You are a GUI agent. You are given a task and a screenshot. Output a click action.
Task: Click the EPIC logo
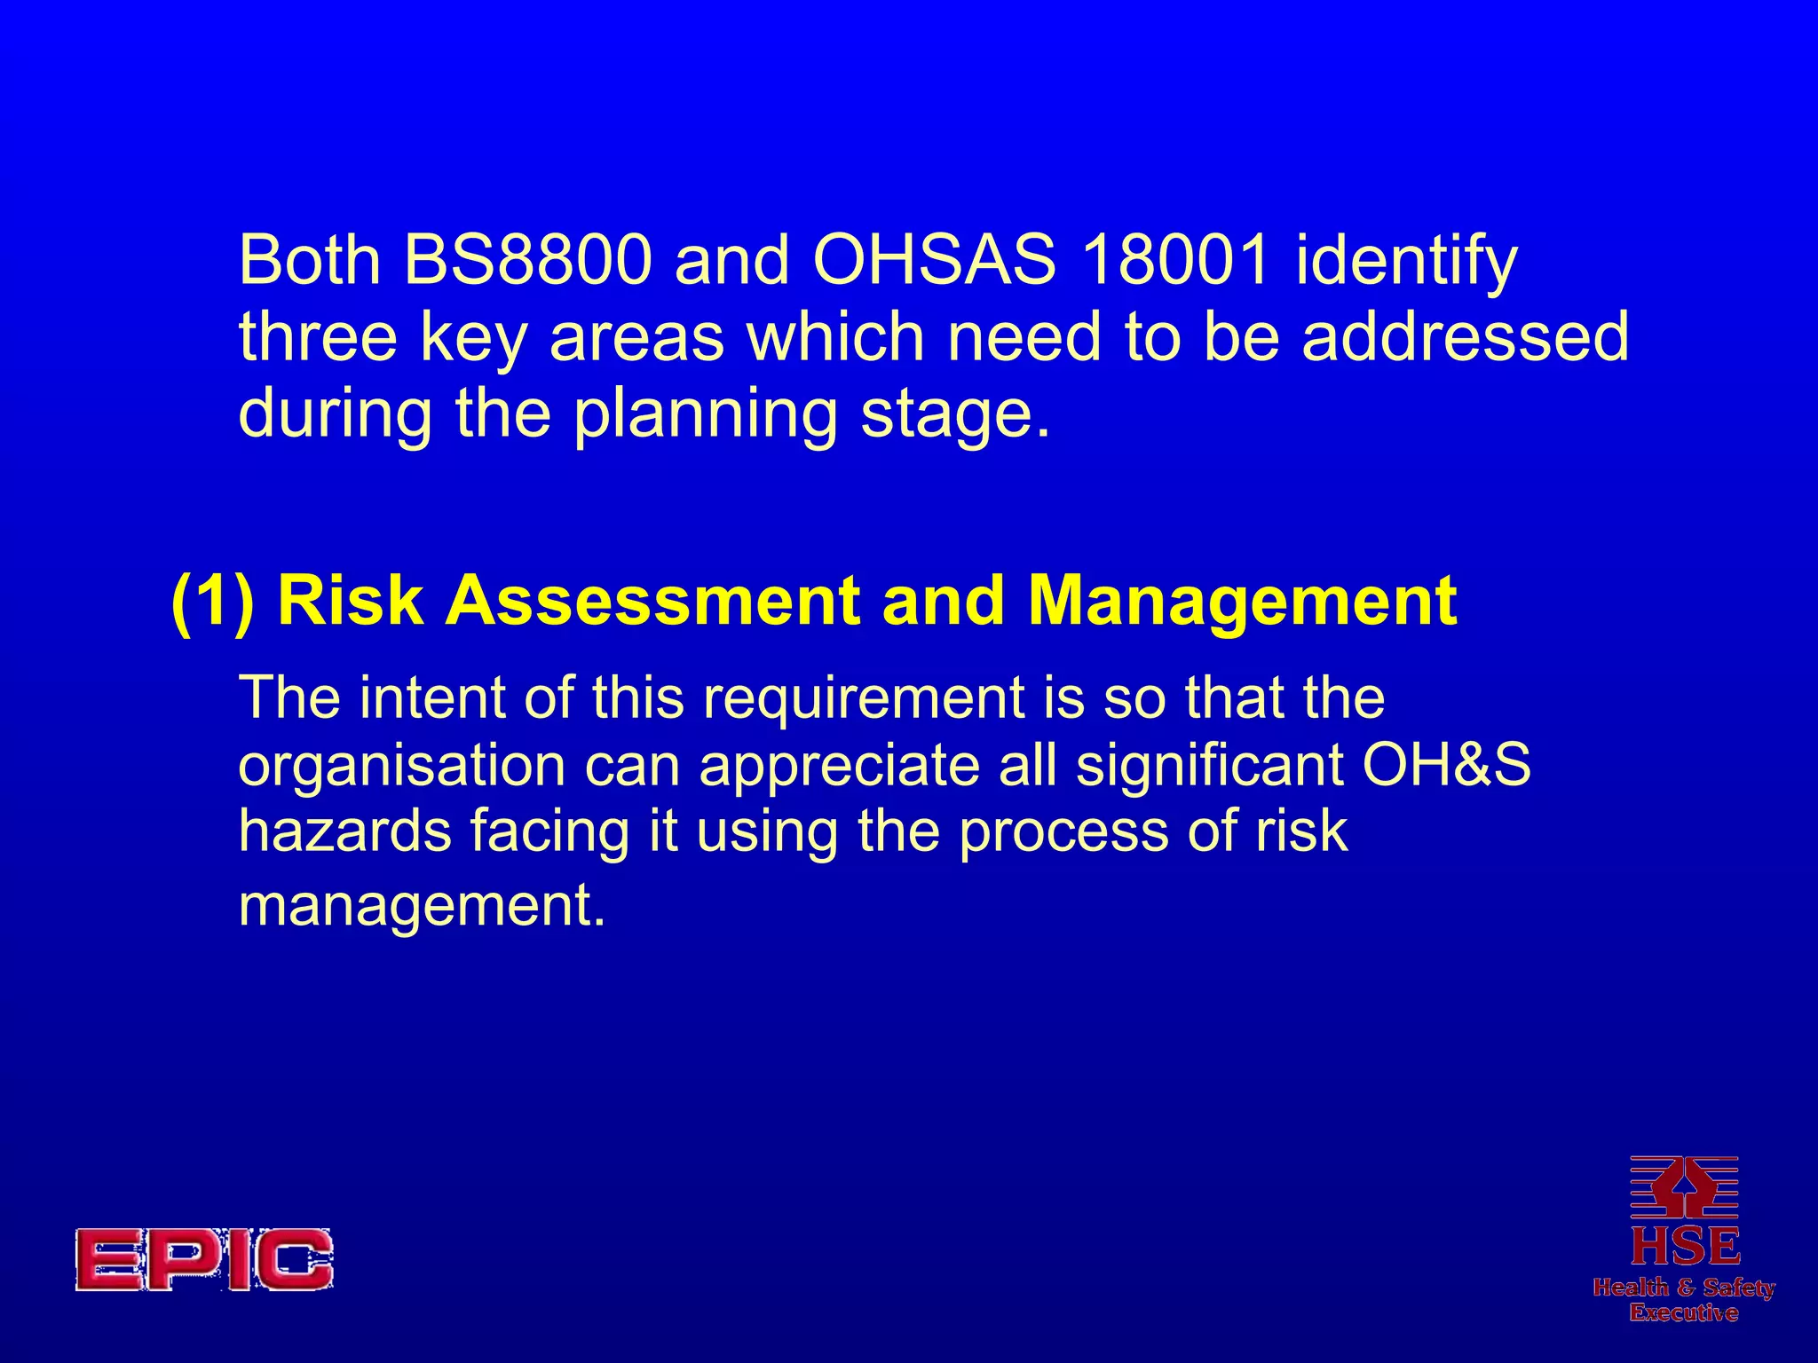pos(204,1259)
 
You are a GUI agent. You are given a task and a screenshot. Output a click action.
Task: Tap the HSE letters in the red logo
pos(1685,1246)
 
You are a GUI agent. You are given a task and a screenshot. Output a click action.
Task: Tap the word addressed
pos(1465,337)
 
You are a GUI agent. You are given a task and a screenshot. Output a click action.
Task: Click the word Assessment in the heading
pos(652,601)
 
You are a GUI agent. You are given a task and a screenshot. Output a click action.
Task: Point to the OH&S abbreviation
pos(1446,765)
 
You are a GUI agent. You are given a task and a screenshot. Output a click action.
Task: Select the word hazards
pos(345,831)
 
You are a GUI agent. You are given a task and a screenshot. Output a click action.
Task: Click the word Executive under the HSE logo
pos(1683,1312)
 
